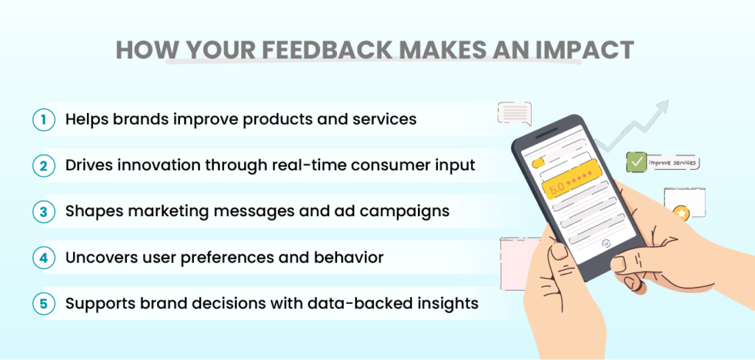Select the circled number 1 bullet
(44, 120)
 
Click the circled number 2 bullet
(44, 165)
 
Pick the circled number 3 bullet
(44, 211)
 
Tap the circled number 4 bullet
(44, 259)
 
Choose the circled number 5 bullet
(44, 302)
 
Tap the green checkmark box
(635, 161)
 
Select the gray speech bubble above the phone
(515, 113)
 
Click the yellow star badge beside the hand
(682, 213)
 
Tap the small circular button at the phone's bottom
(607, 242)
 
